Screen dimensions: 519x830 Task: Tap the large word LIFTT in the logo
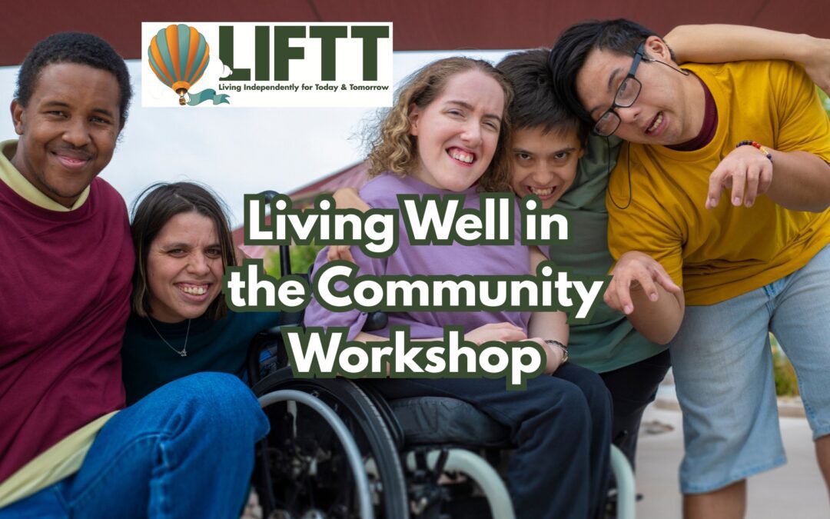click(x=304, y=53)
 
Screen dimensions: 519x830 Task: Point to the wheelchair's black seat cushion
click(x=453, y=419)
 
